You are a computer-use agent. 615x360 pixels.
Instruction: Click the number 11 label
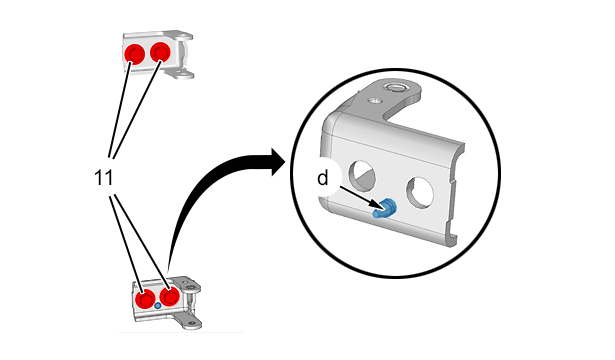pyautogui.click(x=104, y=178)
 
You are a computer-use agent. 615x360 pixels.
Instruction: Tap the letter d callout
pyautogui.click(x=322, y=178)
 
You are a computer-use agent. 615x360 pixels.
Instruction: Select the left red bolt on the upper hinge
pyautogui.click(x=135, y=54)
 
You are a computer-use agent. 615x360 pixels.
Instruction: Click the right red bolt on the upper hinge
pyautogui.click(x=160, y=52)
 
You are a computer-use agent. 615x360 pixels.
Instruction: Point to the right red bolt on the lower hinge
pyautogui.click(x=170, y=296)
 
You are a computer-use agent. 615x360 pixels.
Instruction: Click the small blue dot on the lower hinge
pyautogui.click(x=158, y=305)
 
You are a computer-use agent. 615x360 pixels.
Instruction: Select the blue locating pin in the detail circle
pyautogui.click(x=385, y=209)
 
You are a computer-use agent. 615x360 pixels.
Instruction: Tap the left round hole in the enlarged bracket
pyautogui.click(x=362, y=173)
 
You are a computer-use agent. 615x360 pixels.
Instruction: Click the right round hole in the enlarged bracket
pyautogui.click(x=420, y=192)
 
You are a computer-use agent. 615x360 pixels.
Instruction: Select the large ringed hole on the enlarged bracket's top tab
pyautogui.click(x=395, y=86)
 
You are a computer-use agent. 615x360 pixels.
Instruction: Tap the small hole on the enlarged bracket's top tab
pyautogui.click(x=374, y=100)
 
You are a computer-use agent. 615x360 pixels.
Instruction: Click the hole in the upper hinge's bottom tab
pyautogui.click(x=181, y=73)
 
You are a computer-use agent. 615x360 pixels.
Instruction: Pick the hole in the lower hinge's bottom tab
pyautogui.click(x=192, y=324)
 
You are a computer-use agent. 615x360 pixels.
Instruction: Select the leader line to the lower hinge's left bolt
pyautogui.click(x=126, y=243)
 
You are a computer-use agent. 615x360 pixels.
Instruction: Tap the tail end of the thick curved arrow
pyautogui.click(x=169, y=271)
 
